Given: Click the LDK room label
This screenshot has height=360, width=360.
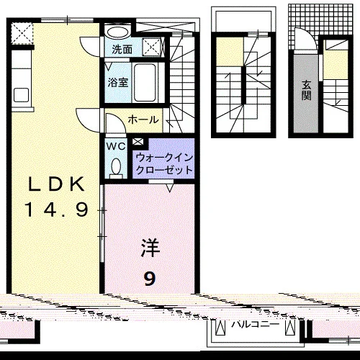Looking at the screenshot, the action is click(57, 184).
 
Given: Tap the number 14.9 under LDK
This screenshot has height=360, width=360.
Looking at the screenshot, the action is click(57, 210).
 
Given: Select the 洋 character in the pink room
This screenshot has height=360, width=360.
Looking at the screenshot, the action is click(150, 248).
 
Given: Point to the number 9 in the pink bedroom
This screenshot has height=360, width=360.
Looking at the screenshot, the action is click(150, 279).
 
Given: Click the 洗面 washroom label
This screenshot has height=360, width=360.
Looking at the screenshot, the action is click(122, 50).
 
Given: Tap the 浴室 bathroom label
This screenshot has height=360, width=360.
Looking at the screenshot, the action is click(118, 82).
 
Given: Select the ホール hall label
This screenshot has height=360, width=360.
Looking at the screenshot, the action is click(143, 120).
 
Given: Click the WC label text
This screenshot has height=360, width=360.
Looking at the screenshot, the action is click(116, 146).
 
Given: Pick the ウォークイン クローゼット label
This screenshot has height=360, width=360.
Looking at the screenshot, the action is click(164, 164).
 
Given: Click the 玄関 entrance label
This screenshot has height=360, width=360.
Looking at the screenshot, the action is click(307, 90).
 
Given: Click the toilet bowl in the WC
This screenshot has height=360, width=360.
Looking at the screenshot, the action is click(117, 166).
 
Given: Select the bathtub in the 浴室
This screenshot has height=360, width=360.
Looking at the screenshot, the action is click(145, 82).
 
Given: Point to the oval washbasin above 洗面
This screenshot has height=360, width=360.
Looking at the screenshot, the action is click(117, 32).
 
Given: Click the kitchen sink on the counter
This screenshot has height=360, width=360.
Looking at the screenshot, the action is click(22, 95).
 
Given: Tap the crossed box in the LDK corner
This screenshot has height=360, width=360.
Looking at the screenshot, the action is click(22, 33).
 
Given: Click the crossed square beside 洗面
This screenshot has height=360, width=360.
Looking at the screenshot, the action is click(151, 47).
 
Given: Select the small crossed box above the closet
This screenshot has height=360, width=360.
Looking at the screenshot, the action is click(138, 142).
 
